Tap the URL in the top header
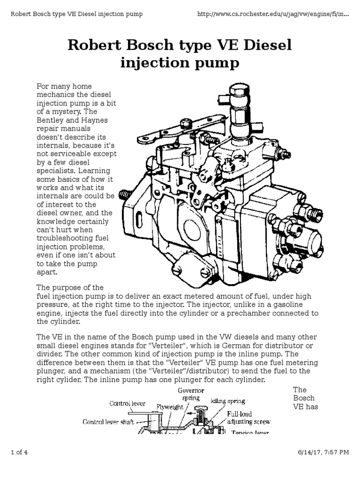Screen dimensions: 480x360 [274, 14]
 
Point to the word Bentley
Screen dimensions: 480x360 [49, 120]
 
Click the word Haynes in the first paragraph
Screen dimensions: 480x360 [95, 120]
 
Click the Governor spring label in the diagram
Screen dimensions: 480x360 [190, 394]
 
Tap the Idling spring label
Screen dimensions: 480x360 [228, 402]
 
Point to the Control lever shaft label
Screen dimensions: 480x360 [109, 422]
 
